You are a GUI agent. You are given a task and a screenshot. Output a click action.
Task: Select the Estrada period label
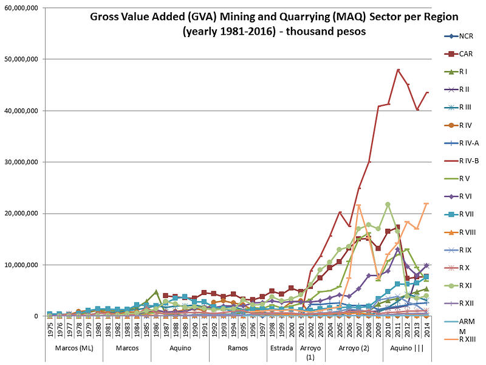point(281,349)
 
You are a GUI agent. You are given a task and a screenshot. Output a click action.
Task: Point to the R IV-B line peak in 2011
point(398,70)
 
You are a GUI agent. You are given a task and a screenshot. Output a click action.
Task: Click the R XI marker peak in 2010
point(388,204)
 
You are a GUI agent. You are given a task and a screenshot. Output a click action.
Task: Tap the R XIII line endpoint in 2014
point(426,204)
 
